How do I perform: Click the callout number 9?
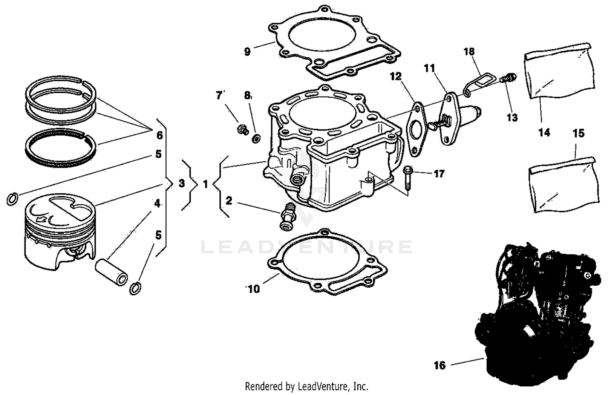tap(247, 52)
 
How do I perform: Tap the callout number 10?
tap(254, 289)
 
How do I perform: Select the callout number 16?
tap(440, 365)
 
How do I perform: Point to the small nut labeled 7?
tap(242, 130)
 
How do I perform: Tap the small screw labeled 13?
tap(508, 77)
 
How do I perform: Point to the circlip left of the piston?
tap(13, 199)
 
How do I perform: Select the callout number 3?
tap(182, 184)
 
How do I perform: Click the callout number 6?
tap(160, 135)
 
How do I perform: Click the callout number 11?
tap(429, 68)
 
